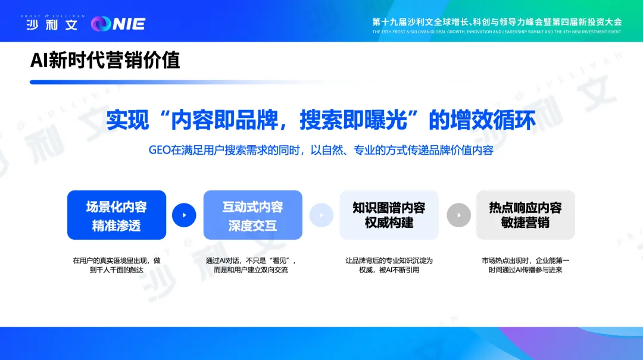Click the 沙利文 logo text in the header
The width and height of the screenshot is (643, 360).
pyautogui.click(x=52, y=24)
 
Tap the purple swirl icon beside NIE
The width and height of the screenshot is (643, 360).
pyautogui.click(x=101, y=24)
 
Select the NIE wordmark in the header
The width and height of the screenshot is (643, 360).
pyautogui.click(x=129, y=24)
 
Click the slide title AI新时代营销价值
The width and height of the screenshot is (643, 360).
pyautogui.click(x=105, y=60)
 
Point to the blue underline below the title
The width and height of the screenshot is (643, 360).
pyautogui.click(x=193, y=82)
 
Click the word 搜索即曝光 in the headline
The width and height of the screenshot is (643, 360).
pyautogui.click(x=354, y=120)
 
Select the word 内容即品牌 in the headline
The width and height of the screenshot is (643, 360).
pyautogui.click(x=224, y=120)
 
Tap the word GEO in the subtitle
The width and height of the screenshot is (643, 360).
pyautogui.click(x=160, y=150)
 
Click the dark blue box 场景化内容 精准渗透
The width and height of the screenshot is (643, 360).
pyautogui.click(x=117, y=215)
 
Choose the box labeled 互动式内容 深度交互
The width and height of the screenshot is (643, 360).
pyautogui.click(x=252, y=215)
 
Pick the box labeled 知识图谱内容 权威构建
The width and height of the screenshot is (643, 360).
pyautogui.click(x=389, y=215)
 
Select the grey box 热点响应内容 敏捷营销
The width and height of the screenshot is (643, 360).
pyautogui.click(x=525, y=215)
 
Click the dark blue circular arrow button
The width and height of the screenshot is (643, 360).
pyautogui.click(x=184, y=215)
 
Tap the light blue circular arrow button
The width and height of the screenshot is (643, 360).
pyautogui.click(x=321, y=215)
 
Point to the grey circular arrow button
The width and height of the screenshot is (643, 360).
pyautogui.click(x=459, y=215)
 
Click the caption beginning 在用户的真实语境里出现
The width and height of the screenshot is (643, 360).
pyautogui.click(x=117, y=265)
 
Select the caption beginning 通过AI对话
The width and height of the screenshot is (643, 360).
pyautogui.click(x=251, y=265)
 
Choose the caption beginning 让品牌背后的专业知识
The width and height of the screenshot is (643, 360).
pyautogui.click(x=389, y=265)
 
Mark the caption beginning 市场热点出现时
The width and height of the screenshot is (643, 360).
pyautogui.click(x=525, y=265)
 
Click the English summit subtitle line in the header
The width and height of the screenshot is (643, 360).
pyautogui.click(x=497, y=32)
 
